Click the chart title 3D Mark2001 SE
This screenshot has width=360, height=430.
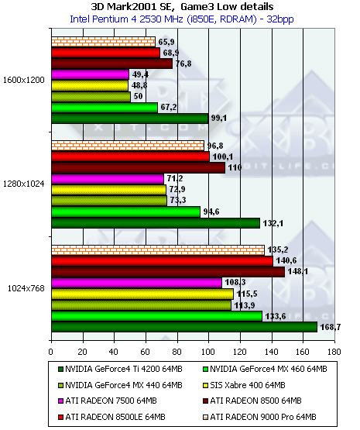click(132, 6)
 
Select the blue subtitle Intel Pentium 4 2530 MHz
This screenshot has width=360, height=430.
click(126, 19)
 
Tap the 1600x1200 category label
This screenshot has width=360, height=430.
click(23, 80)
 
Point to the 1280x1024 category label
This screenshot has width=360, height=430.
click(23, 184)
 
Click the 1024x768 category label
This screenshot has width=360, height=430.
click(26, 288)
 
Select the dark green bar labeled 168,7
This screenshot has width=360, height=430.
click(184, 327)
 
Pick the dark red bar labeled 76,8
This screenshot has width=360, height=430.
click(112, 64)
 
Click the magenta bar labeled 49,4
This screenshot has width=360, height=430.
click(90, 74)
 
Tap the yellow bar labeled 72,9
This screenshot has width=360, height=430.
click(108, 190)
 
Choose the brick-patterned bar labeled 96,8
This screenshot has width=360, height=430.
click(128, 146)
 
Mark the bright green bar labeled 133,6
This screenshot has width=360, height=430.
click(157, 316)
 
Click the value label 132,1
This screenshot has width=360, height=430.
click(273, 223)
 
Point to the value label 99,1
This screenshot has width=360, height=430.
click(219, 119)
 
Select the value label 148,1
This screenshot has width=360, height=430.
click(298, 271)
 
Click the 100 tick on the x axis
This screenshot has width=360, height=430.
click(208, 352)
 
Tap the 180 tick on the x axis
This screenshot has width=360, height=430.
click(334, 352)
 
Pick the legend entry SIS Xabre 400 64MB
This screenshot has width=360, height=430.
click(244, 385)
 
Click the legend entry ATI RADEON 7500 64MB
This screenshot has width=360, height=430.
click(108, 401)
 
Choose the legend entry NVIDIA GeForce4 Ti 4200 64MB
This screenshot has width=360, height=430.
click(120, 369)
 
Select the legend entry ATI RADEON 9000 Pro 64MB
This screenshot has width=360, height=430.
click(259, 417)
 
